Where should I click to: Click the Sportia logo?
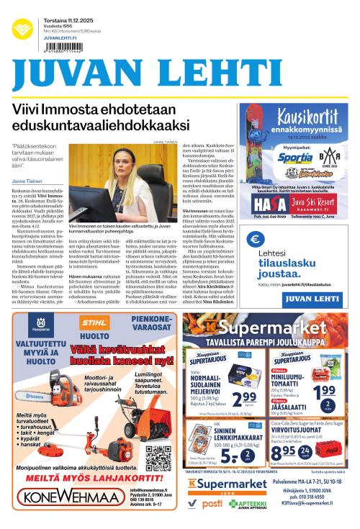pyautogui.click(x=296, y=156)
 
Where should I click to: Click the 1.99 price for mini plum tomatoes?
pyautogui.click(x=324, y=392)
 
